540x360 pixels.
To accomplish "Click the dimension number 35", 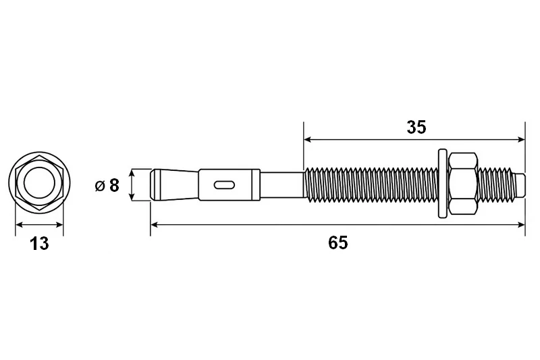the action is tap(416, 127).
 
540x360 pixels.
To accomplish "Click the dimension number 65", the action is tap(338, 243).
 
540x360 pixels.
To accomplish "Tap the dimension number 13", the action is tap(40, 244).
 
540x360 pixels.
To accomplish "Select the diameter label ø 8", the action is tap(107, 185).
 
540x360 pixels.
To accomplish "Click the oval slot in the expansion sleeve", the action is tap(224, 185).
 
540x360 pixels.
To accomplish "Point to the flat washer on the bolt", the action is tap(443, 184).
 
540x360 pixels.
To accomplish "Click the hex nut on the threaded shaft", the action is tap(464, 184).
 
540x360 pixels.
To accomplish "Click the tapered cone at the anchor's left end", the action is tap(175, 184).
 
